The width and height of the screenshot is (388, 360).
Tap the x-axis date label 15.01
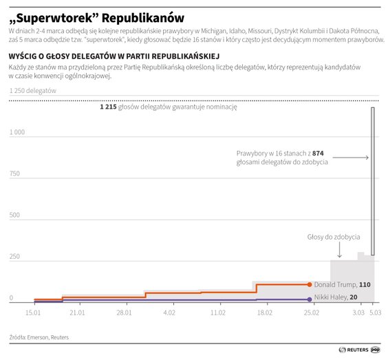[x=33, y=313]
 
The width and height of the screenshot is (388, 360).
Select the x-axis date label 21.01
[x=76, y=313]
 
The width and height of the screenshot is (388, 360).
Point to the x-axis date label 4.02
[x=169, y=313]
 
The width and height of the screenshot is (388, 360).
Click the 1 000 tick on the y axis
[x=17, y=131]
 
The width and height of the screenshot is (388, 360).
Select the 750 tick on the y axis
[x=15, y=173]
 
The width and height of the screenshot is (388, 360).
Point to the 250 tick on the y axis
[x=15, y=257]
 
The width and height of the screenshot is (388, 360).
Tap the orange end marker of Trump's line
[x=310, y=284]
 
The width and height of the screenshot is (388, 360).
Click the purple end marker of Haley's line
[x=310, y=299]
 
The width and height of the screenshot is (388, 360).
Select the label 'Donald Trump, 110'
[x=342, y=284]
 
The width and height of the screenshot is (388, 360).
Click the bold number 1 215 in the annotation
[x=108, y=108]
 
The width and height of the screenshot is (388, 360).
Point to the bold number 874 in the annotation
[x=317, y=152]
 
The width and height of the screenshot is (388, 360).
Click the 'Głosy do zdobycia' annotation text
[x=333, y=237]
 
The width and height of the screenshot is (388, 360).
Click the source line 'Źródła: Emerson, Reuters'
[x=39, y=337]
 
